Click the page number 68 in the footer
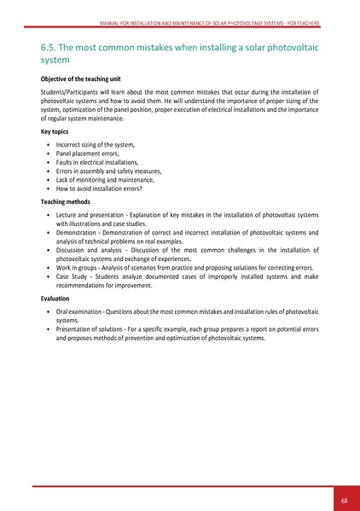coord(344,500)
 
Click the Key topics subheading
coord(55,133)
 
